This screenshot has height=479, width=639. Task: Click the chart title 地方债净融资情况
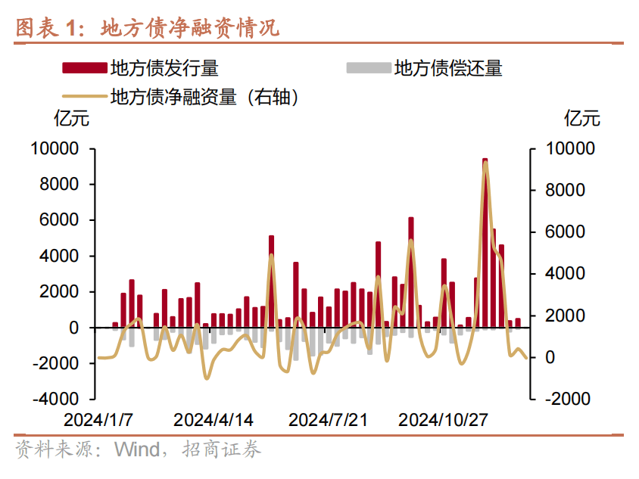[190, 29]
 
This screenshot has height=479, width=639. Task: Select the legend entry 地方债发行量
[164, 69]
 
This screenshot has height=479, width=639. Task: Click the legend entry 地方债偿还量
[448, 69]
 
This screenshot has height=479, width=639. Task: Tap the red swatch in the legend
[84, 69]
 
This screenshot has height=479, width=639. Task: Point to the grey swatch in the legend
[368, 69]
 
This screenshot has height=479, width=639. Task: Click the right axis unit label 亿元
[581, 119]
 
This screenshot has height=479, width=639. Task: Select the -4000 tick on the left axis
[56, 399]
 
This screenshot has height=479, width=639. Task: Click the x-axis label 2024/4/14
[214, 419]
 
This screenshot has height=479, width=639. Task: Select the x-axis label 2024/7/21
[328, 419]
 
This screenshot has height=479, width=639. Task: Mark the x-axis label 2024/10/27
[443, 419]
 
